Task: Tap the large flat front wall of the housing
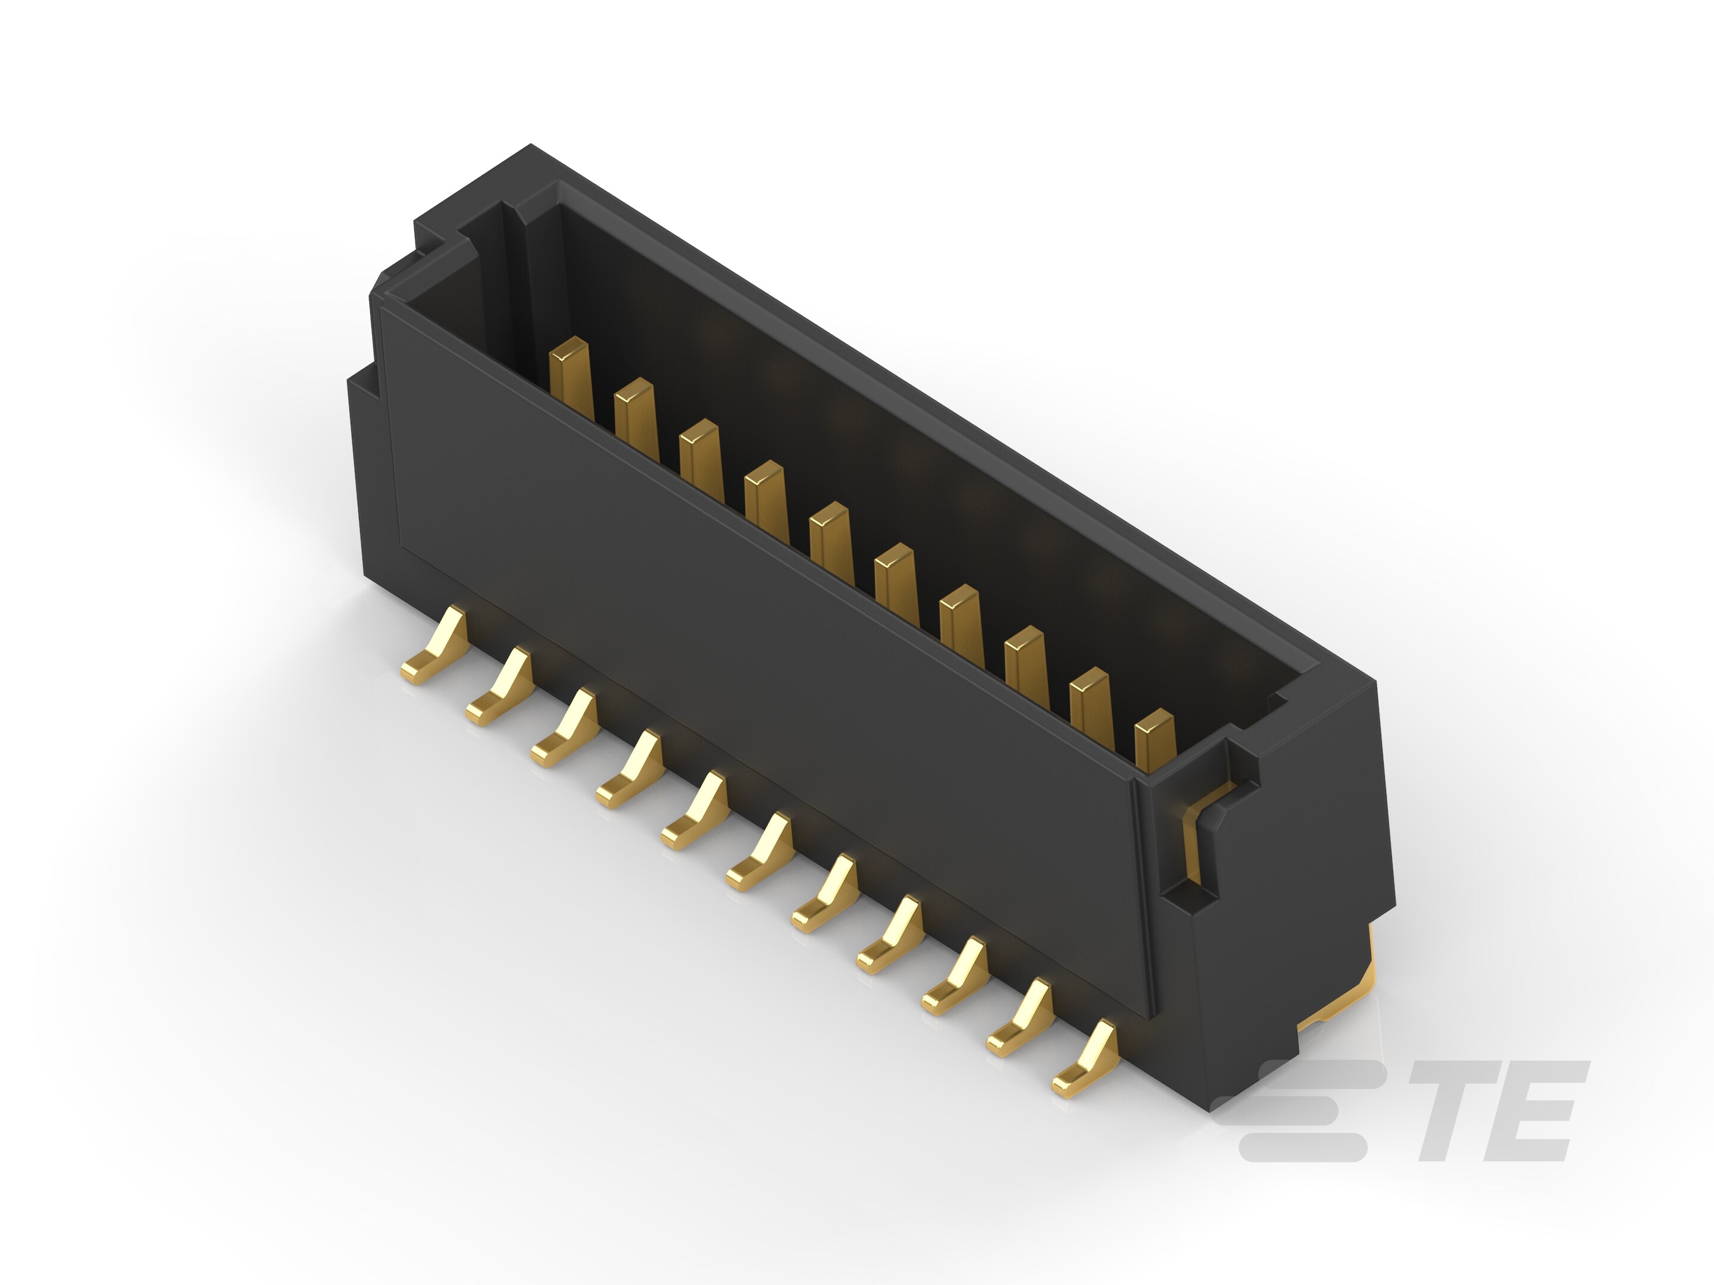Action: pos(736,659)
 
